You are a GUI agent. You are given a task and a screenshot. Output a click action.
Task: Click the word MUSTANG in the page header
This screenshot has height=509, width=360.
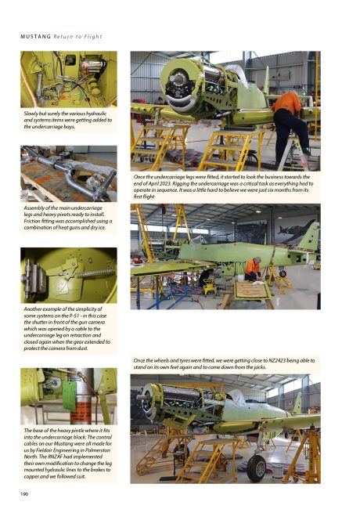pyautogui.click(x=36, y=36)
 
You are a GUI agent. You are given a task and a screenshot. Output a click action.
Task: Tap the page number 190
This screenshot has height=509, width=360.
pyautogui.click(x=24, y=494)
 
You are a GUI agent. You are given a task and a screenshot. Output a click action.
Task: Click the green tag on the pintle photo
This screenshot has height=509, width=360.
pyautogui.click(x=69, y=395)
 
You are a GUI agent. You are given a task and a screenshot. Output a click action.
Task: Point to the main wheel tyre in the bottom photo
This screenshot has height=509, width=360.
pyautogui.click(x=256, y=467)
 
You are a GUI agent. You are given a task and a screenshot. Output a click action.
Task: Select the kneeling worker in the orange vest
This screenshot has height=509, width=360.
pyautogui.click(x=253, y=269)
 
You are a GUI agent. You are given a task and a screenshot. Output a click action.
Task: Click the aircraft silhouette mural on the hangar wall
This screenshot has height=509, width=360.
pyautogui.click(x=296, y=230)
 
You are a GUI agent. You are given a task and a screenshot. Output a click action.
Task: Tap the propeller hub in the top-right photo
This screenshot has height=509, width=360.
pyautogui.click(x=177, y=79)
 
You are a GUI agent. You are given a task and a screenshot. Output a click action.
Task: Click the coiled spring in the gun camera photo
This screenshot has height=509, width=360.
pyautogui.click(x=95, y=273)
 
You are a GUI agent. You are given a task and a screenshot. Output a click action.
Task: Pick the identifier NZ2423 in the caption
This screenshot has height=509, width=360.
pyautogui.click(x=279, y=360)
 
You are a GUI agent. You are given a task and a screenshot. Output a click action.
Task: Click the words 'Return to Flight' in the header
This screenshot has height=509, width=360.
pyautogui.click(x=77, y=36)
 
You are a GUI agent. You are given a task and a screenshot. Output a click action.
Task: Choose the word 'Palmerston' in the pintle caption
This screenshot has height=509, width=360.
pyautogui.click(x=99, y=450)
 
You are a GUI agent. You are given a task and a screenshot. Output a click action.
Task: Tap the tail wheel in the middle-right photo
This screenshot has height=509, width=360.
pyautogui.click(x=283, y=273)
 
